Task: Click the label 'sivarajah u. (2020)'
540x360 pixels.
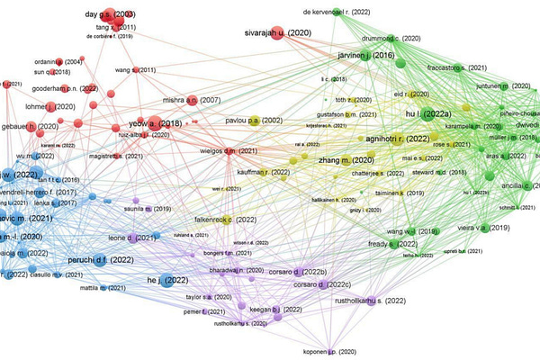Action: [x=279, y=32]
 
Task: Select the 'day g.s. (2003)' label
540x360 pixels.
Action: [x=110, y=15]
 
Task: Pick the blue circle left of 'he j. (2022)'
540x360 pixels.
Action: [x=168, y=283]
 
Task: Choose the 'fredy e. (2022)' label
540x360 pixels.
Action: [x=389, y=244]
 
